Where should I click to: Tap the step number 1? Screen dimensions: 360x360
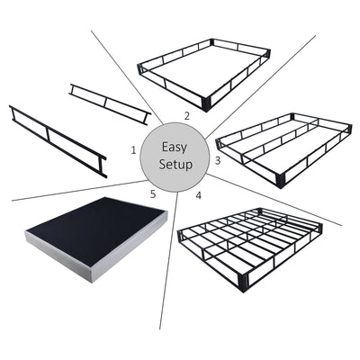point(133,149)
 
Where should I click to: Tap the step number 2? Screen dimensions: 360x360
point(186,115)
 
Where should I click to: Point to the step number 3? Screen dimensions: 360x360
point(217,160)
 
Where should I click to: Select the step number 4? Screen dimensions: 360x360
point(197,194)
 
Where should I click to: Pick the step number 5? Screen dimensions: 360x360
point(152,193)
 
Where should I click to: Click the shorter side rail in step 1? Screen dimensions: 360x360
point(109,103)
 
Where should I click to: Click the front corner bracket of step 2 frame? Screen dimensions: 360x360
point(208,102)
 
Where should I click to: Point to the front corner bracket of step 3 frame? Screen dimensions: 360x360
point(282,179)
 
